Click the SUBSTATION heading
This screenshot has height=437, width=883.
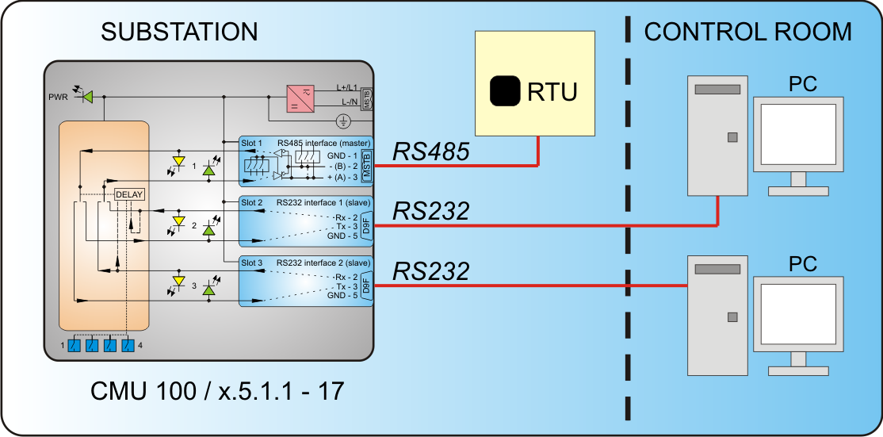pos(179,32)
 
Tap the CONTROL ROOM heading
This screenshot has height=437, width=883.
pos(747,32)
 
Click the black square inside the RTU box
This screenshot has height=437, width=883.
pos(505,91)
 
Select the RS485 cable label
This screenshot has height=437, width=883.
pos(431,151)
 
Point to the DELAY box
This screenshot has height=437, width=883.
pos(129,194)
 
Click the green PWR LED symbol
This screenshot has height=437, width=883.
pos(86,96)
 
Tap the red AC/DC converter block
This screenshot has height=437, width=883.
pos(301,100)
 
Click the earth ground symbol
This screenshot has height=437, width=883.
pos(343,121)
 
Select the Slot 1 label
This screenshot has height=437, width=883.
pos(252,143)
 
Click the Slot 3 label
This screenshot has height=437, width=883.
pos(252,263)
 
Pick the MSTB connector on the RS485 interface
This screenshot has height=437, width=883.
pos(367,165)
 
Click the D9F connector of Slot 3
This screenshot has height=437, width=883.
pos(367,286)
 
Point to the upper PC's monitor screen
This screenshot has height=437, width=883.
pos(798,133)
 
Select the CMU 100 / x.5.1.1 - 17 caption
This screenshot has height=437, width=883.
pos(217,391)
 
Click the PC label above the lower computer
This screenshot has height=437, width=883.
pos(802,263)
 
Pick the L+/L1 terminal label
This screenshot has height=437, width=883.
pos(347,87)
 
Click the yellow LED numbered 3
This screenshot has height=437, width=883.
pos(179,281)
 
